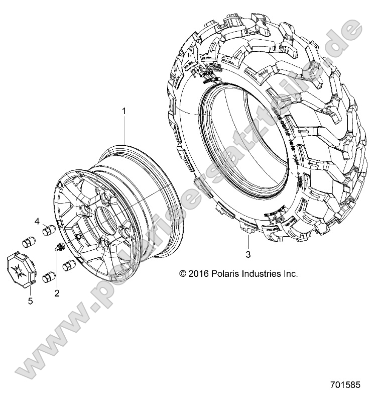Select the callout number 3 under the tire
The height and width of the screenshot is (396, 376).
(248, 255)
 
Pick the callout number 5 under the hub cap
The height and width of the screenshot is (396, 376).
(30, 301)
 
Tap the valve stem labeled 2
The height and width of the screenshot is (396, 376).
(58, 247)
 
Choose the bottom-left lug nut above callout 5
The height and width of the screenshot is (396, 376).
(49, 277)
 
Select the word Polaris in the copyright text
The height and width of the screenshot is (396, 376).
(224, 274)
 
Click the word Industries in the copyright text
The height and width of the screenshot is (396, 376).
(262, 274)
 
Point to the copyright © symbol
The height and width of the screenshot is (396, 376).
(183, 274)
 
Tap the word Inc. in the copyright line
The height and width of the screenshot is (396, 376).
(291, 274)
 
